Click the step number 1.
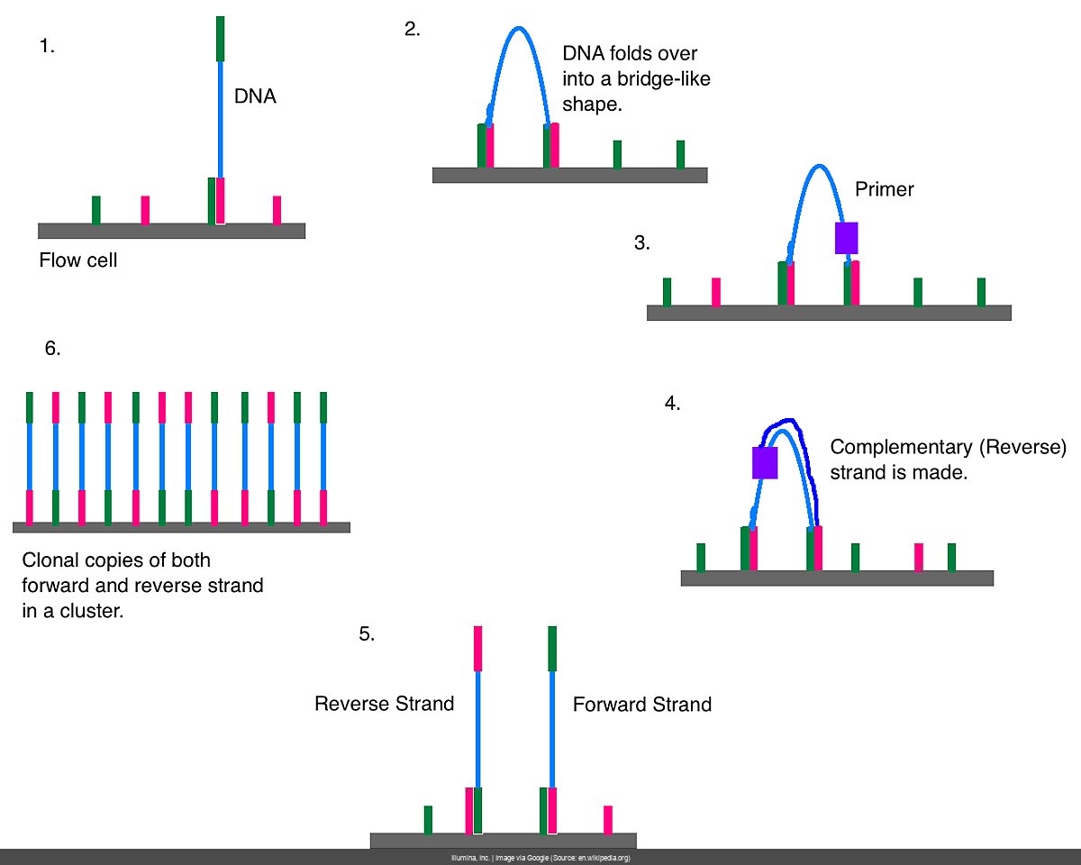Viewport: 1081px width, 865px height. [47, 47]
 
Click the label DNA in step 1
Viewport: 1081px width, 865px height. [255, 96]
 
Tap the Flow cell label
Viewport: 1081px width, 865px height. [78, 261]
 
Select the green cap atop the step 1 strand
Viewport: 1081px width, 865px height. [220, 39]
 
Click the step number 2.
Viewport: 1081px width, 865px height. [412, 29]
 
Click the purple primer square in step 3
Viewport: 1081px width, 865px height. [846, 238]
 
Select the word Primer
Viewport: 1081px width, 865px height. [884, 189]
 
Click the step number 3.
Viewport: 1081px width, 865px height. [641, 242]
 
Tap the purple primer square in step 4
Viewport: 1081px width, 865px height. [765, 462]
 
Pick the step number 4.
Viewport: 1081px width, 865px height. [672, 403]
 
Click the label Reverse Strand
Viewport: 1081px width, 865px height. [384, 704]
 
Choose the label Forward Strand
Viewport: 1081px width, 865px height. [642, 705]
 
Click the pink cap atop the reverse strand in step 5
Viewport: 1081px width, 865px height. [477, 649]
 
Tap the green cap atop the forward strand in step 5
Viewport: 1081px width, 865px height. [552, 649]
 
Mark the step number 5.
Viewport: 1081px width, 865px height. [366, 633]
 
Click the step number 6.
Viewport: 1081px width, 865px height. [52, 349]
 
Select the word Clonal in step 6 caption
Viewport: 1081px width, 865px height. [51, 560]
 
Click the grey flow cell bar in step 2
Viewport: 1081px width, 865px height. [569, 175]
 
